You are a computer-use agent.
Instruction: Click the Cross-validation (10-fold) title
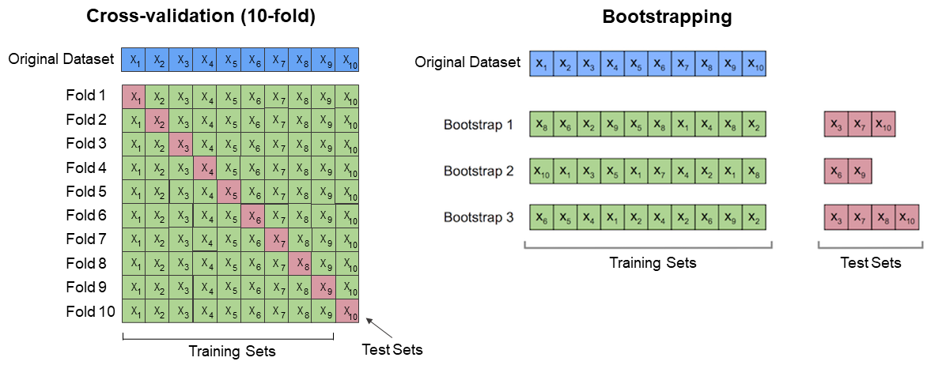200,17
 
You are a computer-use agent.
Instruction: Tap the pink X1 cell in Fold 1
134,97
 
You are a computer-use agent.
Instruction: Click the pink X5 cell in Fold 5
229,192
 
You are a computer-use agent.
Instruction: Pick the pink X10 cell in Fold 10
347,310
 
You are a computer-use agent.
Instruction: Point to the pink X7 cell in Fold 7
276,239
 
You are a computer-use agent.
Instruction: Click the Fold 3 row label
86,143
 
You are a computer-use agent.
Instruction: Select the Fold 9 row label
86,287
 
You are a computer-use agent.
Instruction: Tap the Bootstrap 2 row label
478,171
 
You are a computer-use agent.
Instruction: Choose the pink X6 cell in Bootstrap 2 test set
836,171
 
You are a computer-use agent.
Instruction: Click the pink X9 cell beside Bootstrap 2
860,171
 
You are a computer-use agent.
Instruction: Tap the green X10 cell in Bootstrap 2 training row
541,171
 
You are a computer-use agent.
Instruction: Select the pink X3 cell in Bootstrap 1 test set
836,125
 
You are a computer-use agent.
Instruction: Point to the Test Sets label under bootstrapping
870,262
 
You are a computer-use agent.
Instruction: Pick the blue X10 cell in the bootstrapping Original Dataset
755,62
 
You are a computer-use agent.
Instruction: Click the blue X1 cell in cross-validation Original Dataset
134,59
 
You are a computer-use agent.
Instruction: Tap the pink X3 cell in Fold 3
181,145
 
